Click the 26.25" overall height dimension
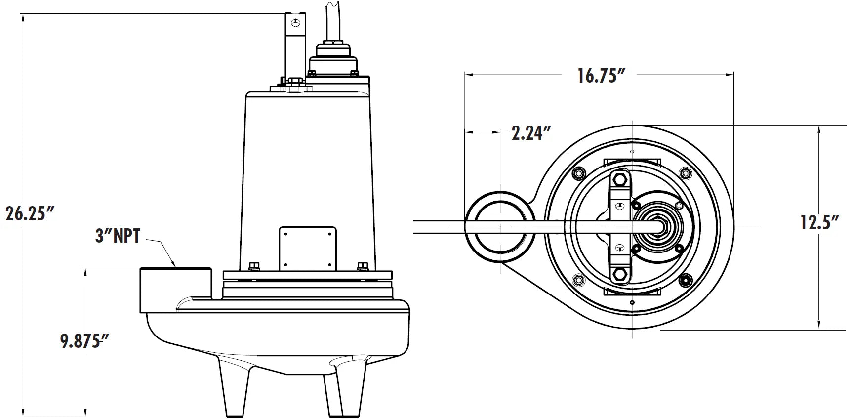29,213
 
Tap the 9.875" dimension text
84,341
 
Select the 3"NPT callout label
118,236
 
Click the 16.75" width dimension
602,75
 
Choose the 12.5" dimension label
819,222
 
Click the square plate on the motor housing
308,248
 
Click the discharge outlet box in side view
175,289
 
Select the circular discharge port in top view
499,222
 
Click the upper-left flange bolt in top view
577,173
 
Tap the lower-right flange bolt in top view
685,280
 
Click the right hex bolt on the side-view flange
362,267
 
